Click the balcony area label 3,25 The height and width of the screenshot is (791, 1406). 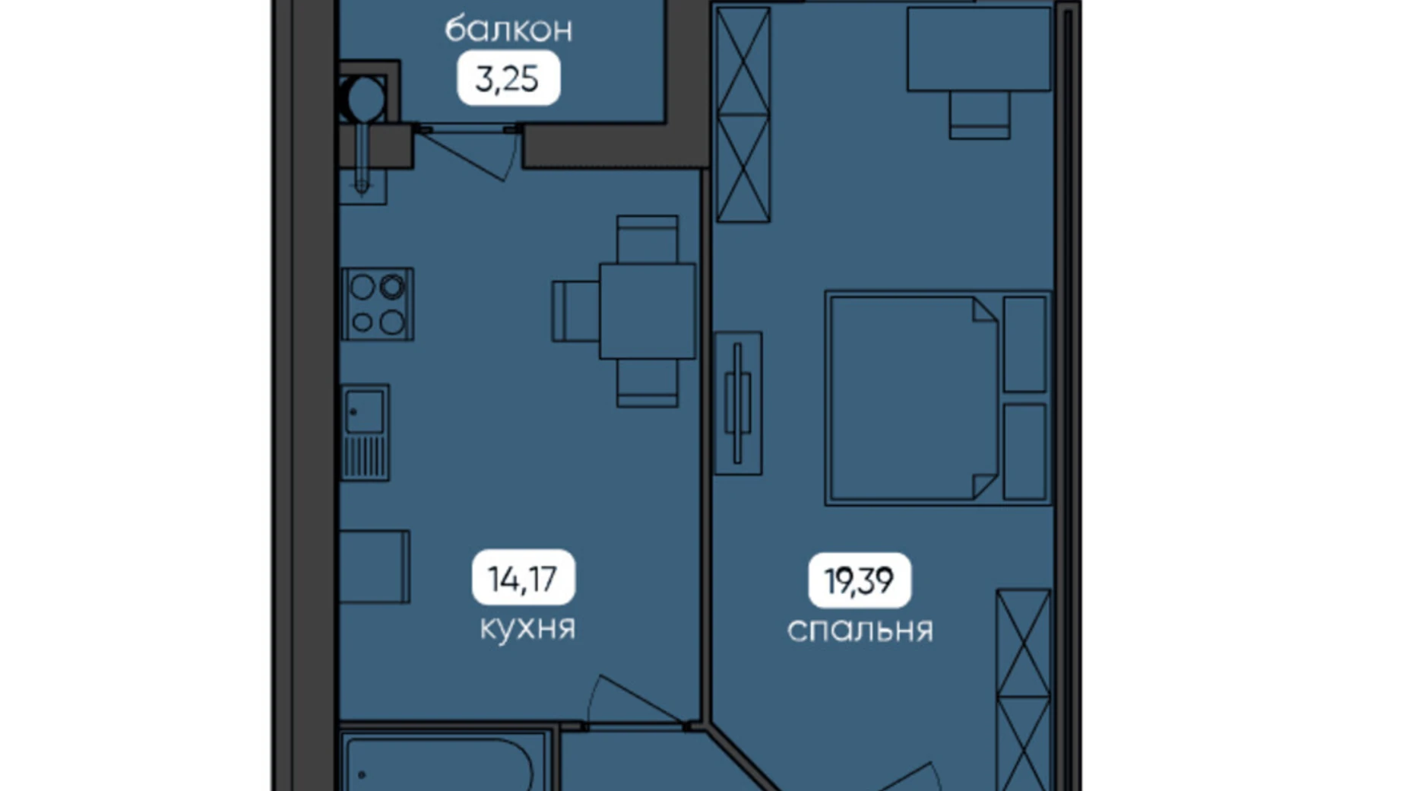[507, 78]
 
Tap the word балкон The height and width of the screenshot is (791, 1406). [508, 30]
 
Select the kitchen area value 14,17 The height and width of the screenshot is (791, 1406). [523, 579]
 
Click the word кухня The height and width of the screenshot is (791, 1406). [527, 628]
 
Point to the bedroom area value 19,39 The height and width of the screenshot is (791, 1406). [859, 581]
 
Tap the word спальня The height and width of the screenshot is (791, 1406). [860, 631]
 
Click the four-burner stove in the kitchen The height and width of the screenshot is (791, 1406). [377, 303]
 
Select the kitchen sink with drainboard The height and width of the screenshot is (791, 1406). [365, 432]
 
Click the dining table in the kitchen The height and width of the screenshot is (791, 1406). [648, 311]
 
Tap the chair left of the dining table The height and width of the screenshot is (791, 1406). [576, 311]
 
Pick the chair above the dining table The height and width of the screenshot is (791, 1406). [648, 240]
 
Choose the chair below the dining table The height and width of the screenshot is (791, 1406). [648, 383]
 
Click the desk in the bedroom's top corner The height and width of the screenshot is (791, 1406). [979, 49]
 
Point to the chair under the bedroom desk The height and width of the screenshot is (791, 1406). [980, 115]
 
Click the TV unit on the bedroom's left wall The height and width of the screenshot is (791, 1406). [738, 403]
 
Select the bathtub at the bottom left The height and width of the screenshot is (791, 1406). [443, 763]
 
